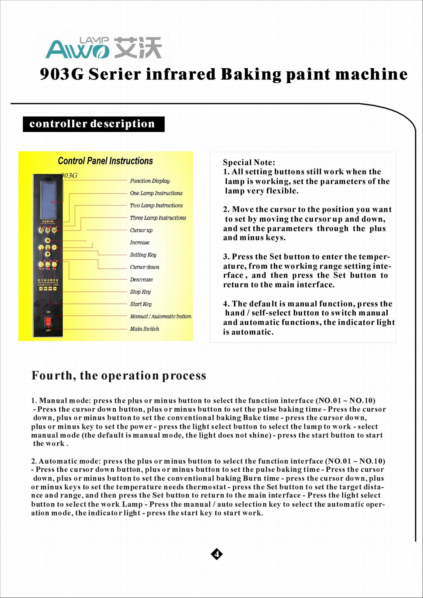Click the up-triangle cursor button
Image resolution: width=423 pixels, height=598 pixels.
click(48, 240)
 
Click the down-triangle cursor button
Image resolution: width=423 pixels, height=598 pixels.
click(48, 254)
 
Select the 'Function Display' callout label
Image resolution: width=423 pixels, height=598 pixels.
click(150, 181)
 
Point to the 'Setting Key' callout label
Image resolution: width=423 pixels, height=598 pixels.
click(143, 255)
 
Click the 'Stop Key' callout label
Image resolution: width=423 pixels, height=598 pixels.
click(140, 292)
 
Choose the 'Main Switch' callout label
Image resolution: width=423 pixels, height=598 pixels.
click(145, 329)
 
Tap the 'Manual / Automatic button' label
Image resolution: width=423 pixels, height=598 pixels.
click(161, 316)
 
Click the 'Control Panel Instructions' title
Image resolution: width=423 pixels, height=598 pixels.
click(105, 161)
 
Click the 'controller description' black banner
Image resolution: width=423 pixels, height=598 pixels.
click(93, 124)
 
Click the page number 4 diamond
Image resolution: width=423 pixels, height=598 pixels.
click(216, 554)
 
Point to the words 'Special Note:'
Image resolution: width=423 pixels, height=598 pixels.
click(249, 162)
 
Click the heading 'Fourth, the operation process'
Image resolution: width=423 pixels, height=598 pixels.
click(119, 375)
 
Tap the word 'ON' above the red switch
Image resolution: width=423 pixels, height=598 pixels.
click(48, 312)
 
